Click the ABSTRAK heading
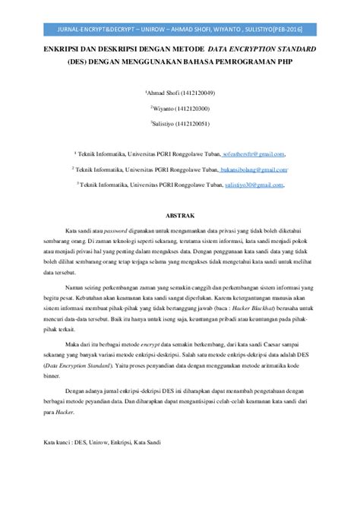[x=180, y=204]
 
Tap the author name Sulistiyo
[x=165, y=122]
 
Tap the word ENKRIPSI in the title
[x=63, y=48]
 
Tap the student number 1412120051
[x=196, y=122]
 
